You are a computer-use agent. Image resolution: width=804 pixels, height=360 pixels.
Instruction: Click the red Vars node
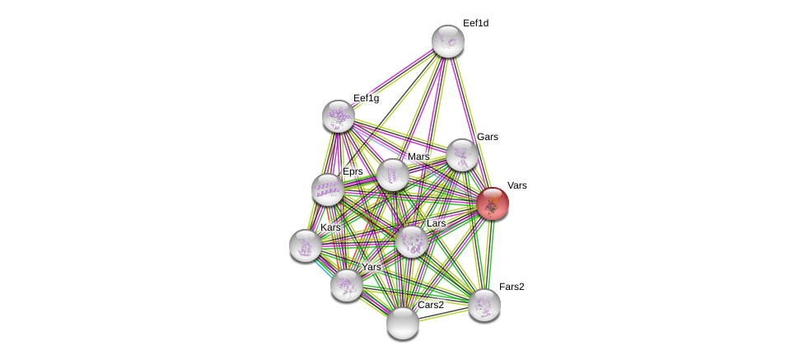[x=493, y=203]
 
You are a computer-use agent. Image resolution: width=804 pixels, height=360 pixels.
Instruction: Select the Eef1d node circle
[x=448, y=41]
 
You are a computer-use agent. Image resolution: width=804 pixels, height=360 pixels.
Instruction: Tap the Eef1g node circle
[x=339, y=116]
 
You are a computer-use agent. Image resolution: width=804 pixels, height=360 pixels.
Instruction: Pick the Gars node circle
[x=462, y=155]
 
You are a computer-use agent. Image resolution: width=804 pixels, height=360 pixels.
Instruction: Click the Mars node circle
[x=393, y=175]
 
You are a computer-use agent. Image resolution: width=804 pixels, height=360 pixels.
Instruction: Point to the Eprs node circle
[x=328, y=189]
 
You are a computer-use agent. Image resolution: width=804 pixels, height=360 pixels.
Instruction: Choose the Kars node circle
[x=306, y=245]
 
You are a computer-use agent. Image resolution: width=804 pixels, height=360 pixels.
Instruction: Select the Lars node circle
[x=412, y=241]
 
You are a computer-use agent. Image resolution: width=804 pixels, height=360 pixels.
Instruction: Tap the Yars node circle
[x=347, y=285]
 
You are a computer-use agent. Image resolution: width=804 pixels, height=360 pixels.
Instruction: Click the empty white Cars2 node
[x=403, y=323]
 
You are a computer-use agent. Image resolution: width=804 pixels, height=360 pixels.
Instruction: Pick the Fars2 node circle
[x=484, y=305]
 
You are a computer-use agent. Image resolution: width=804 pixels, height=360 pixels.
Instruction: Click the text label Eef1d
[x=475, y=23]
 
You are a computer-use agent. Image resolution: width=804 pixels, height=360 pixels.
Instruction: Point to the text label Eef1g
[x=366, y=98]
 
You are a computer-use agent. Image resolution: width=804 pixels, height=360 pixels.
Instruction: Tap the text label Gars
[x=487, y=137]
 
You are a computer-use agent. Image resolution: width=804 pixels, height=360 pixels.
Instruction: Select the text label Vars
[x=517, y=185]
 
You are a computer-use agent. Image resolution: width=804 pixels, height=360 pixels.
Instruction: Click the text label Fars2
[x=512, y=287]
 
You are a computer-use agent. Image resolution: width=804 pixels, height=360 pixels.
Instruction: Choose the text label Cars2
[x=430, y=305]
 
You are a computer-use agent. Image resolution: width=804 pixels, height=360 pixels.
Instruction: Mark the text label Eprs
[x=353, y=171]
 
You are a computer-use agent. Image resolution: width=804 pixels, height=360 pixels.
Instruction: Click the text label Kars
[x=330, y=227]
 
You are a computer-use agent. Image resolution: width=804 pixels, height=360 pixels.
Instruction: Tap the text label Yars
[x=372, y=267]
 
